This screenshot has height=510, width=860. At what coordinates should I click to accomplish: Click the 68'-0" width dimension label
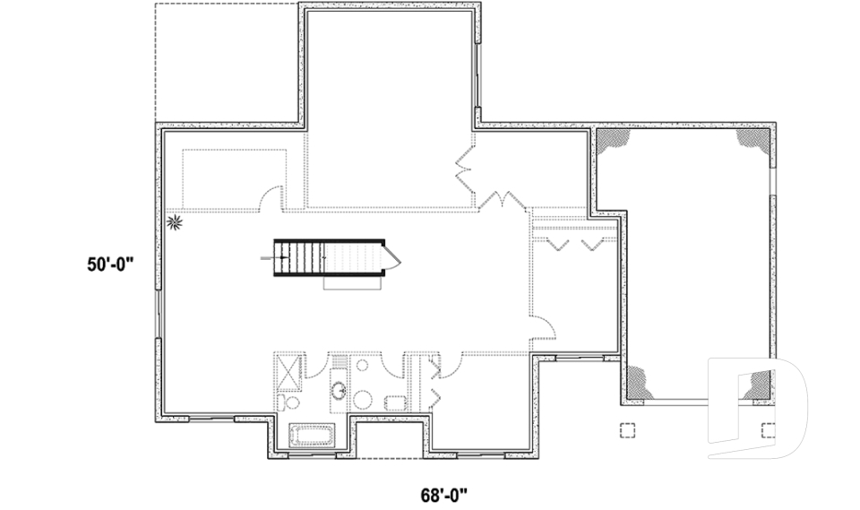click(x=444, y=493)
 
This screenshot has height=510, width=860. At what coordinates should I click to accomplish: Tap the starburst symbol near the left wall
click(x=176, y=220)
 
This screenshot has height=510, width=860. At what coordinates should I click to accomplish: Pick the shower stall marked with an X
click(x=288, y=370)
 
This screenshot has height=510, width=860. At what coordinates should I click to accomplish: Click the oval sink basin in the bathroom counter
click(x=340, y=390)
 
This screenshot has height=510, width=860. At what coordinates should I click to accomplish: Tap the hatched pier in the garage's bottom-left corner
click(x=640, y=383)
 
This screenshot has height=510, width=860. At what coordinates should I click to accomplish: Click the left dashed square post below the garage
click(x=627, y=429)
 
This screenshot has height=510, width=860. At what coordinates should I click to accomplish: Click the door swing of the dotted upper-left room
click(x=272, y=198)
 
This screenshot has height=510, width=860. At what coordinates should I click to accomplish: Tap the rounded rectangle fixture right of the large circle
click(x=395, y=402)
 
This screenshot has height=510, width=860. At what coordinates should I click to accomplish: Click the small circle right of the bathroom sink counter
click(x=364, y=366)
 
